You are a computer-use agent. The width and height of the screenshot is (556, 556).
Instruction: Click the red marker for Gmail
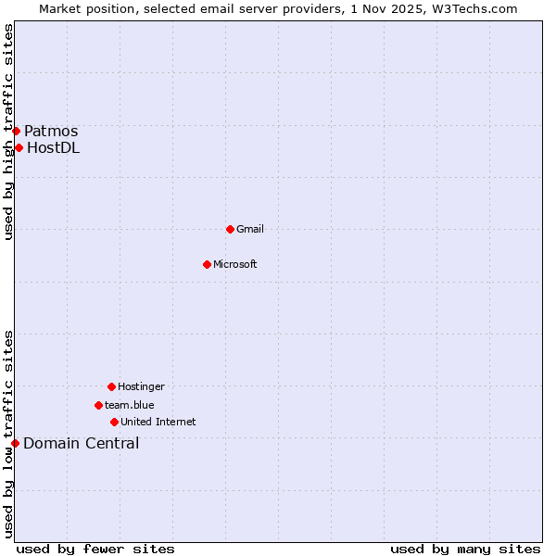coord(230,229)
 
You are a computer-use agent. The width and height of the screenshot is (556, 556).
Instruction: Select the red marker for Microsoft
coord(208,264)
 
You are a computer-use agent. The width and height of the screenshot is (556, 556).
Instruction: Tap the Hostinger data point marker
coord(111,386)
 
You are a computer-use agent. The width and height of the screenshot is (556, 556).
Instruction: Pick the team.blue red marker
coord(98,405)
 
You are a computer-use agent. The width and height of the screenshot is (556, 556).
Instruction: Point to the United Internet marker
coord(114,422)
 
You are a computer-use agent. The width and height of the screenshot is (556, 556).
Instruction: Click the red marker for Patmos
coord(16,131)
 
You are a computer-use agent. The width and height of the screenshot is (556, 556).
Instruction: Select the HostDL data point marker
coord(19,147)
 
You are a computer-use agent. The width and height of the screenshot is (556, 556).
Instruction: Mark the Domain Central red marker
coord(15,443)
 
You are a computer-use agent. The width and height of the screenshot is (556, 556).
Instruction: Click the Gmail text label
coord(250,229)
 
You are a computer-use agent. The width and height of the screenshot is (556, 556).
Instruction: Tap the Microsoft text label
coord(235,264)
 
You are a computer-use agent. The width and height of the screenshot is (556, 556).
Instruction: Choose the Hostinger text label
coord(141,386)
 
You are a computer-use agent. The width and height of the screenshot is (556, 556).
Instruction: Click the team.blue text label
coord(130,405)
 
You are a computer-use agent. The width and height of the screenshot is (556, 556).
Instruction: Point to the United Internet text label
coord(158,422)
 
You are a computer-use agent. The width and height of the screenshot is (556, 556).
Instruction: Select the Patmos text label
coord(51,131)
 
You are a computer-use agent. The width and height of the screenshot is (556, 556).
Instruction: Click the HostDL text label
coord(54,147)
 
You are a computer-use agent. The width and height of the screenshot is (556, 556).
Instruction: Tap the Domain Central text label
coord(82,443)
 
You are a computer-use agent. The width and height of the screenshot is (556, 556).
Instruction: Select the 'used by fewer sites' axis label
coord(95,549)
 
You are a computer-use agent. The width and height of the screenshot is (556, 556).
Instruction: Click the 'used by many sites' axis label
coord(465,549)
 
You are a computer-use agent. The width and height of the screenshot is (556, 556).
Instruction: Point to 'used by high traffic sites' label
coord(8,132)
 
